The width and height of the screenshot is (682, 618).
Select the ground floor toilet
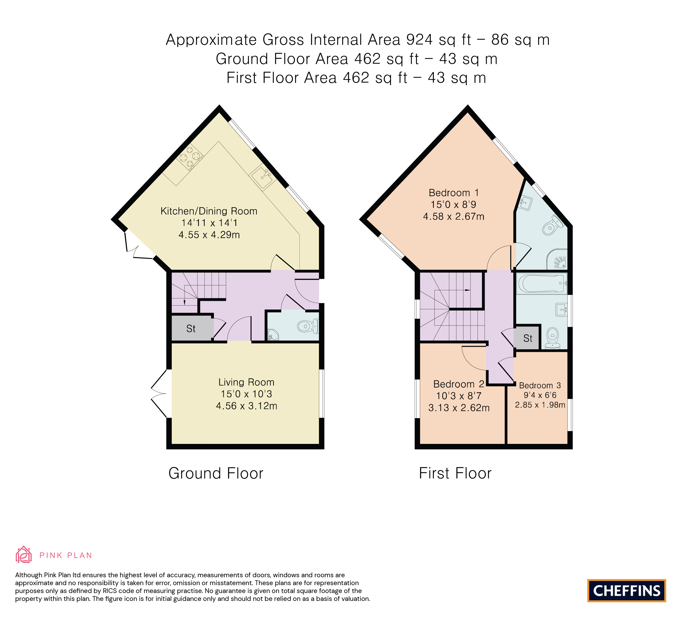coord(308,326)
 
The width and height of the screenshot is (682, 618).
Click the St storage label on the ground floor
coord(191,329)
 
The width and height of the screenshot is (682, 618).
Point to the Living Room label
coord(246,382)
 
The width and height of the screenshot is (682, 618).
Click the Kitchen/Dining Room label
coord(209,211)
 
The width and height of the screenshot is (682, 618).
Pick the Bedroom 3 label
coord(540,386)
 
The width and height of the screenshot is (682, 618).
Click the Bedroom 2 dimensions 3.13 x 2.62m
coord(459,408)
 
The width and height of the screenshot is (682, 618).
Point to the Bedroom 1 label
coord(454,193)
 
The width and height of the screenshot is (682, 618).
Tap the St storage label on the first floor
coord(528,338)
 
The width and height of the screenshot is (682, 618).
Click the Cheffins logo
coord(626,590)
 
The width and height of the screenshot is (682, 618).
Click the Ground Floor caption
coord(216,473)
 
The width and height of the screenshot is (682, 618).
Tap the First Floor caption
coord(455,473)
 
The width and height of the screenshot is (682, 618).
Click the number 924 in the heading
coord(419,40)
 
